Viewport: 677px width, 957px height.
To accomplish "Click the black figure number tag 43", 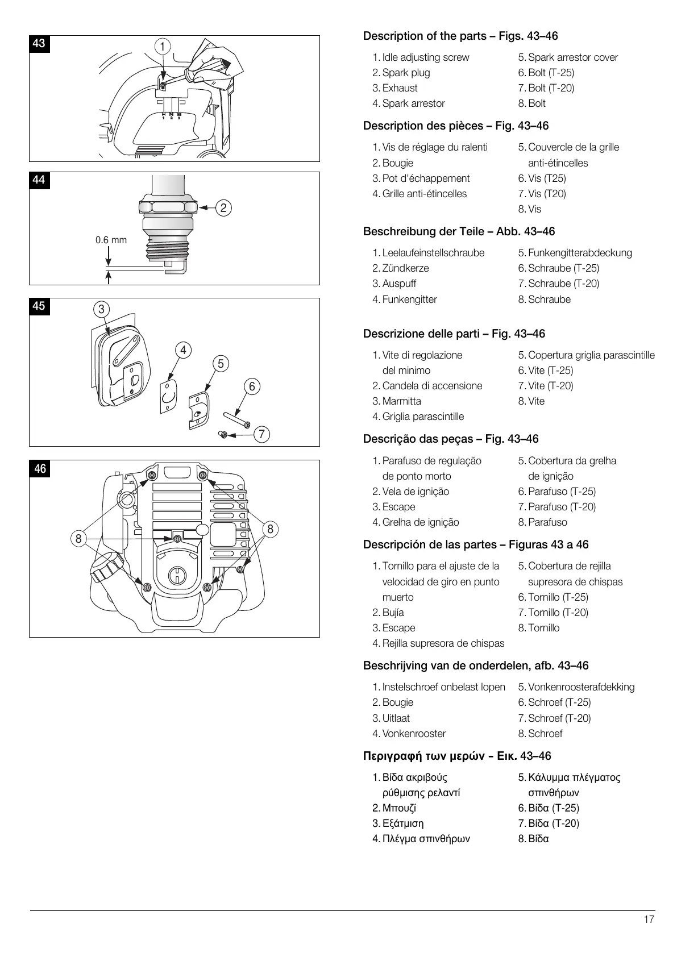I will point(39,44).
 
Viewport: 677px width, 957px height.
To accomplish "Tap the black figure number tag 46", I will point(40,469).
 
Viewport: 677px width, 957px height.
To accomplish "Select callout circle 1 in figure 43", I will point(162,46).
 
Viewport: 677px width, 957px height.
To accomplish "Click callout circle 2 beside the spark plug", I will point(223,208).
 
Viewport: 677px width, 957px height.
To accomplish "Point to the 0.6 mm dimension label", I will point(111,240).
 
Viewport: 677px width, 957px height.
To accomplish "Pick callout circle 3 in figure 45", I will point(101,309).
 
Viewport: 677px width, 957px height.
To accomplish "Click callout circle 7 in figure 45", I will point(261,435).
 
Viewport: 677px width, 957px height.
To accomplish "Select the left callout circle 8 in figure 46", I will point(78,538).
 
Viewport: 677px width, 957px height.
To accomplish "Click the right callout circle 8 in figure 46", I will point(270,529).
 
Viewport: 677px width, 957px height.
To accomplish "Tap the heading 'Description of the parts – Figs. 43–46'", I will point(460,36).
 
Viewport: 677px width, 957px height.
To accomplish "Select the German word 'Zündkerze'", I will point(405,268).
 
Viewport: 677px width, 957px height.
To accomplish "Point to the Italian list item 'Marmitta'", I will point(401,401).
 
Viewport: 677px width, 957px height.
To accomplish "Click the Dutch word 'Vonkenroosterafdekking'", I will point(581,687).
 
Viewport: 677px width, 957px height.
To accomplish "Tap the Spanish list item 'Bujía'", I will point(393,613).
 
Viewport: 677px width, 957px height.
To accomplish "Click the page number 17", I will point(649,919).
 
